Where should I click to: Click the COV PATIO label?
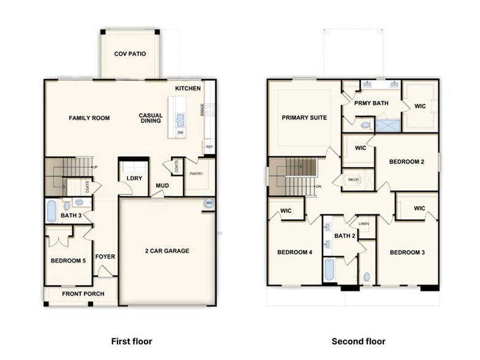click(130, 54)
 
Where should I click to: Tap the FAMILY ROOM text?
click(89, 118)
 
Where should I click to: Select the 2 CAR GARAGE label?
click(167, 250)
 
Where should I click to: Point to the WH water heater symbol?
click(209, 203)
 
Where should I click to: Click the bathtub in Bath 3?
click(52, 211)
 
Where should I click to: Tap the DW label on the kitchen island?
click(180, 132)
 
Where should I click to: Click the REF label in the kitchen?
click(209, 147)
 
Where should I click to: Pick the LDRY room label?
click(134, 178)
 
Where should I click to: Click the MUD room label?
click(162, 186)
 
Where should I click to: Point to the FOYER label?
click(105, 257)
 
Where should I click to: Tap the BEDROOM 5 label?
click(68, 260)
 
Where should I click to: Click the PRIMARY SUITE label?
click(304, 118)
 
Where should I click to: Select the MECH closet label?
click(353, 179)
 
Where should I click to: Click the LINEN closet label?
click(364, 224)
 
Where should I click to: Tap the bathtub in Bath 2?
click(329, 269)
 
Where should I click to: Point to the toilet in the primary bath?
click(366, 125)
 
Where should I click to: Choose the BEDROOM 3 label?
click(407, 252)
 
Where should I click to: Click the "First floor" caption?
click(131, 341)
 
